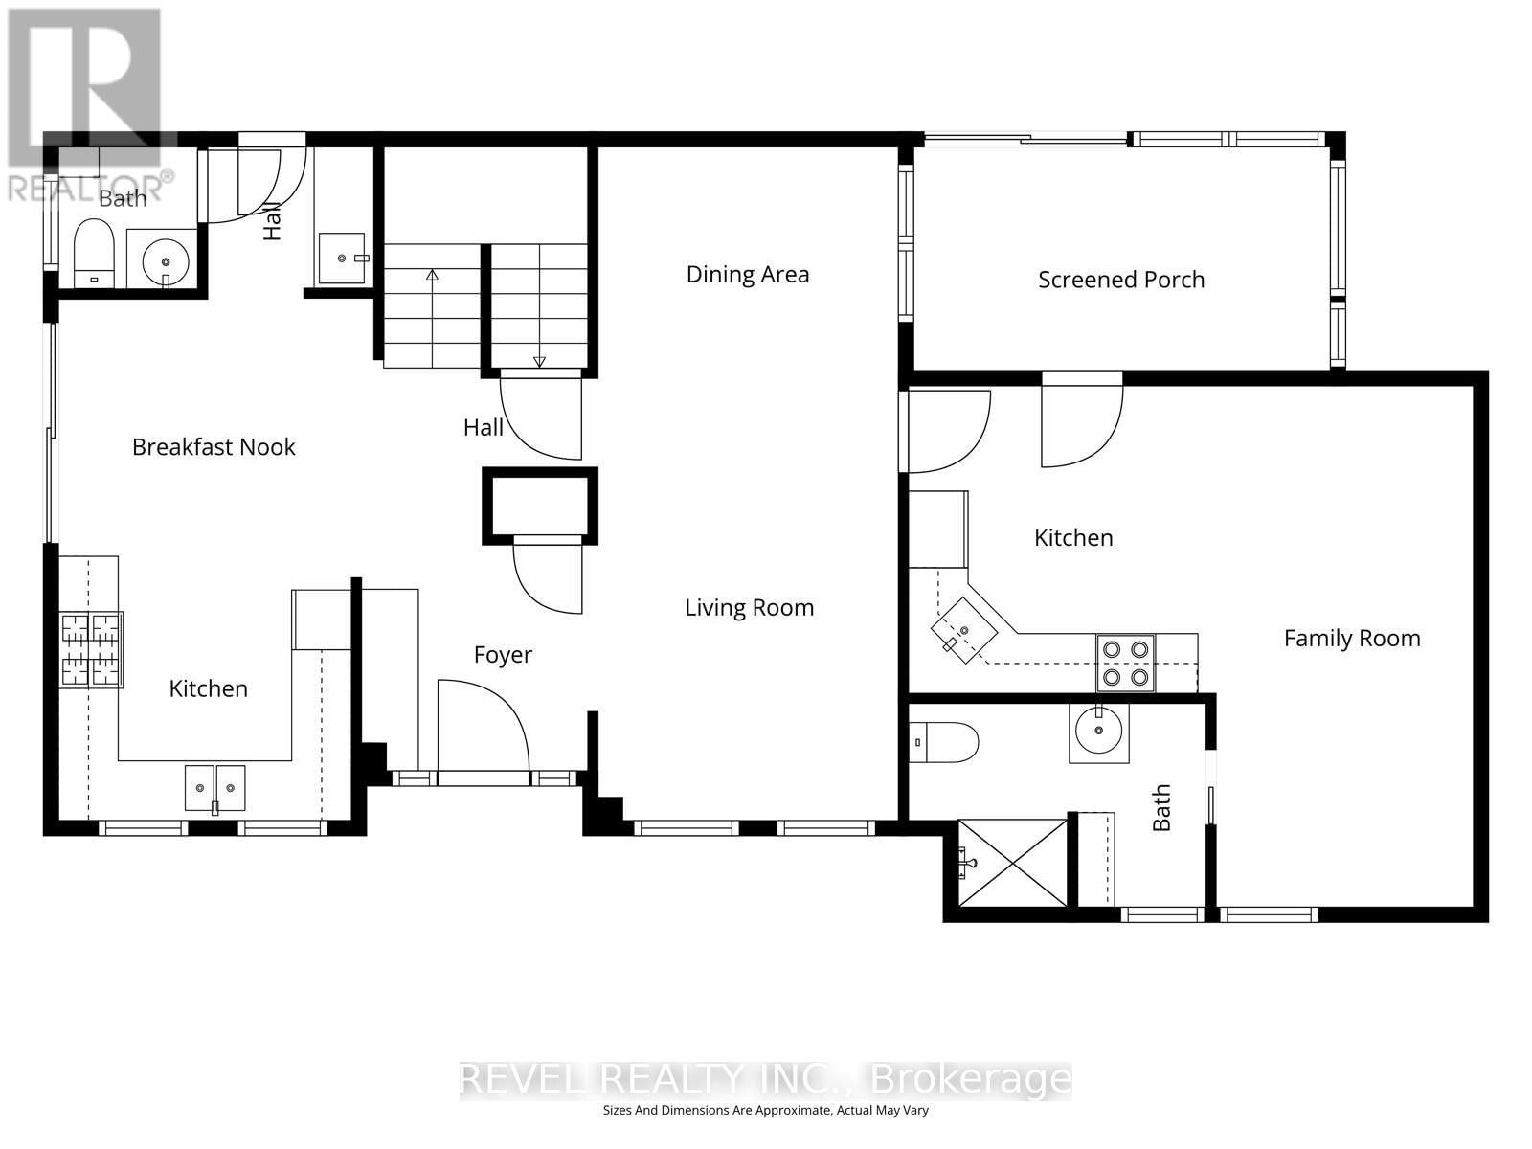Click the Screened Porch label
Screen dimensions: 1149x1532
coord(1121,280)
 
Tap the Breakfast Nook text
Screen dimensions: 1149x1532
coord(214,447)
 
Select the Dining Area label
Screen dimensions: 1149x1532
coord(748,275)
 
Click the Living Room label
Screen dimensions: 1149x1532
coord(749,607)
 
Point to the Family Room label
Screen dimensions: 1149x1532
coord(1351,639)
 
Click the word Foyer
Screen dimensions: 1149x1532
coord(503,655)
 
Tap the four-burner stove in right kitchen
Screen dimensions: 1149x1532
coord(1125,663)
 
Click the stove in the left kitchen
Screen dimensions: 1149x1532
coord(92,649)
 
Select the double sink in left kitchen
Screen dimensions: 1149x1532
coord(214,788)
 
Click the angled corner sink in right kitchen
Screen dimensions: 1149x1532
coord(964,629)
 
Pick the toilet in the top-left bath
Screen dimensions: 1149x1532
coord(94,253)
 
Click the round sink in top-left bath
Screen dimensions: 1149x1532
coord(166,259)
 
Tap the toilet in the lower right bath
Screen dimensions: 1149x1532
coord(945,742)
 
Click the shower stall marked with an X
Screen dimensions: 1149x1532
coord(1013,862)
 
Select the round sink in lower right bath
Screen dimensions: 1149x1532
coord(1098,732)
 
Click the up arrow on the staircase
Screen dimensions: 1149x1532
coord(432,278)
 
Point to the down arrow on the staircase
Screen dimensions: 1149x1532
coord(539,360)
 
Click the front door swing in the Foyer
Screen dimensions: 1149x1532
coord(482,726)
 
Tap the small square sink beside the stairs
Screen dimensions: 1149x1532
coord(342,258)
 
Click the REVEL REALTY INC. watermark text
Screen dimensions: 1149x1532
coord(661,1079)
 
